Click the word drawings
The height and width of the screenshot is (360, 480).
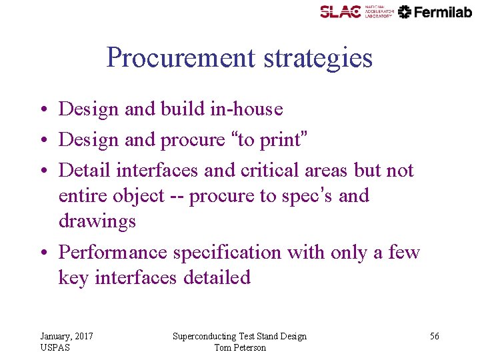coord(97,221)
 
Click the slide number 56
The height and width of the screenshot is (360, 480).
coord(434,336)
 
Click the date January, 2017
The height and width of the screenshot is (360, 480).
coord(66,336)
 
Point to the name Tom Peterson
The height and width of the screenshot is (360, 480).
coord(240,347)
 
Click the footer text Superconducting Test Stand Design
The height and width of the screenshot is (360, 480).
coord(239,336)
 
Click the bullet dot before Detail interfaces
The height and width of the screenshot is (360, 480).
coord(42,171)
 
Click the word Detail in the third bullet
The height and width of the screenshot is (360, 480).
coord(85,170)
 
